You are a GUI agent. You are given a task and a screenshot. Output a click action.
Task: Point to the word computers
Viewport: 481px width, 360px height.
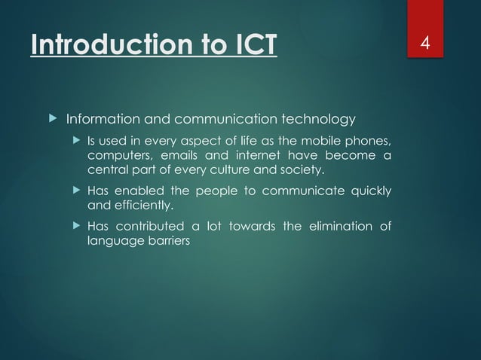click(117, 156)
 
